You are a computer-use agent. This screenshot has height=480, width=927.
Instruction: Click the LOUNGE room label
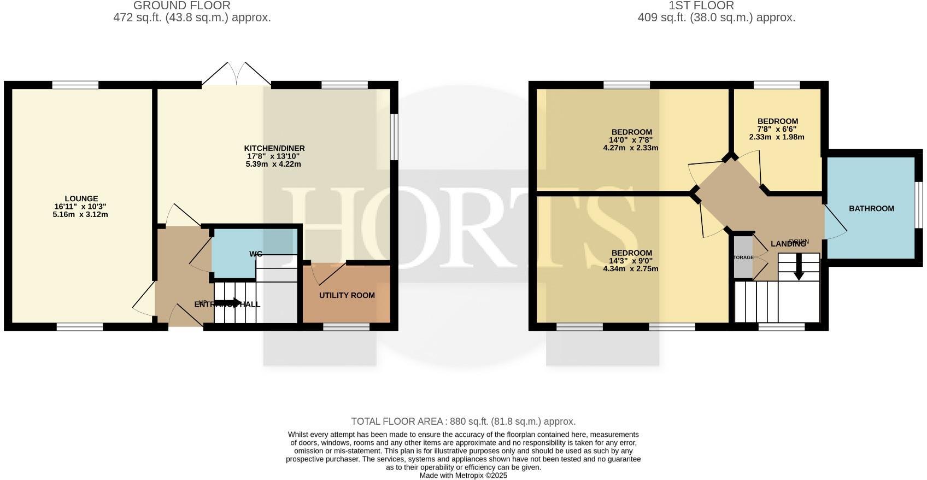(81, 199)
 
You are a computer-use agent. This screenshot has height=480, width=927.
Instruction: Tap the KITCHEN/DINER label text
(274, 148)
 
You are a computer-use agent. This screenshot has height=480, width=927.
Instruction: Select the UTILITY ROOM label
(347, 295)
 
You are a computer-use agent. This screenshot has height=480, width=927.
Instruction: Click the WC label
(256, 254)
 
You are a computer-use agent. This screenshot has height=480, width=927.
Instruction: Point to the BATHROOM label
(871, 208)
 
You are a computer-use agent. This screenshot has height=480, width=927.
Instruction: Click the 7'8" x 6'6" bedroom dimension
(777, 130)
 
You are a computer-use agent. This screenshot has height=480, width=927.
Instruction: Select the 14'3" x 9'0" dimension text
(631, 261)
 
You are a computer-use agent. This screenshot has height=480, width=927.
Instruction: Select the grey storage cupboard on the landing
(743, 257)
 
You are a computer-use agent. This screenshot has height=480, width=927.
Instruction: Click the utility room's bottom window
(346, 327)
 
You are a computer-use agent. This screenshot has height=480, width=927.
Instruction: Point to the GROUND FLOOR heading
(182, 5)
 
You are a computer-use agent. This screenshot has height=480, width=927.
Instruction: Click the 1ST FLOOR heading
(701, 5)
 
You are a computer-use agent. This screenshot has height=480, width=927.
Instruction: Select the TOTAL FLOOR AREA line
(463, 422)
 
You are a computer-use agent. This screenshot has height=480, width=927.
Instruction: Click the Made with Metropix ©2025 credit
(463, 476)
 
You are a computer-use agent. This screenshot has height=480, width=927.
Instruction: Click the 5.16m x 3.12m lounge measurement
(81, 214)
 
